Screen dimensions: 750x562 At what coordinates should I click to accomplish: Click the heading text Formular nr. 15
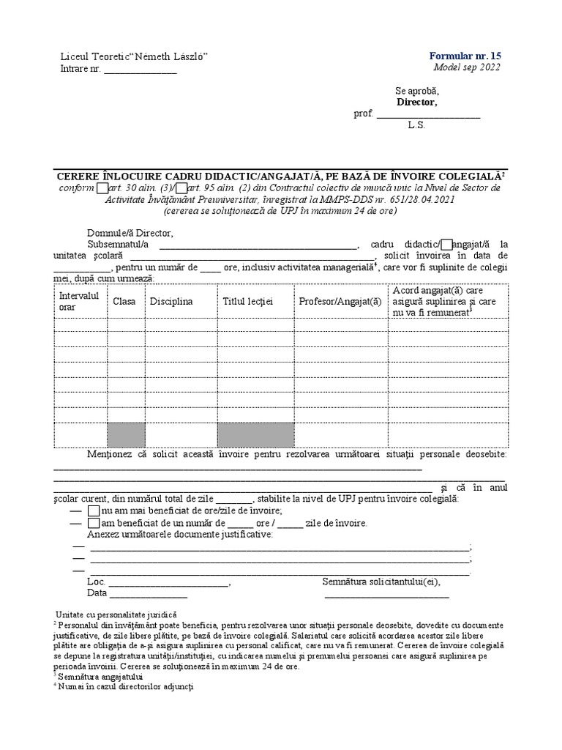[465, 56]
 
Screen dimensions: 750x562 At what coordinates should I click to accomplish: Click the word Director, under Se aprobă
[416, 102]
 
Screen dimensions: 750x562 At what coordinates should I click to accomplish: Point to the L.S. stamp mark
[416, 125]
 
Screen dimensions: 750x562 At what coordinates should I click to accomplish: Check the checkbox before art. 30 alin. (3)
[102, 187]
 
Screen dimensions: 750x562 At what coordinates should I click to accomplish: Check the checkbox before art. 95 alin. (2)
[182, 187]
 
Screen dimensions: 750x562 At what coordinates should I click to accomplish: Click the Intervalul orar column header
[79, 301]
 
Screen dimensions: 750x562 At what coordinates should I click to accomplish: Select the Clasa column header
[124, 301]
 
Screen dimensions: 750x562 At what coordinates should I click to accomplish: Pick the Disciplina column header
[171, 301]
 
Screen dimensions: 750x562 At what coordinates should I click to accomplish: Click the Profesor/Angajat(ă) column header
[340, 301]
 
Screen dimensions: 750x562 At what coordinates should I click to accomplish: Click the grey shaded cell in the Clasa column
[126, 434]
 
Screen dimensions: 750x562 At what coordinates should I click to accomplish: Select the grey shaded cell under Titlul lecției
[255, 434]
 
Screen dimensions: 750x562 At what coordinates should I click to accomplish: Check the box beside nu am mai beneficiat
[93, 510]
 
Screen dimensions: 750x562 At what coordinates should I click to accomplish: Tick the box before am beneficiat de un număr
[93, 524]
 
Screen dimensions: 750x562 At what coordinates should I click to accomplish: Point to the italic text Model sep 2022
[468, 68]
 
